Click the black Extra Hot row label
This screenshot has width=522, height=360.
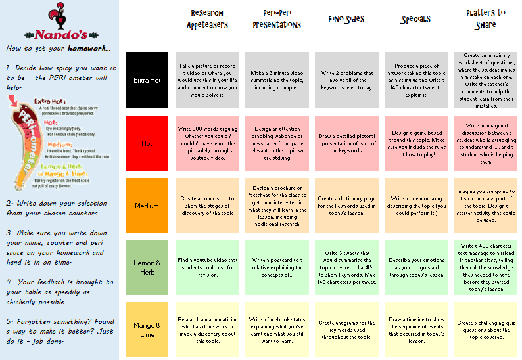(146, 80)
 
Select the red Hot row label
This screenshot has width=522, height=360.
(146, 143)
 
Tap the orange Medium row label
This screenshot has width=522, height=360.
(146, 206)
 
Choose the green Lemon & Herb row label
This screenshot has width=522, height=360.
(146, 268)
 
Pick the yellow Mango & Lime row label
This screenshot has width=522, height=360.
(146, 329)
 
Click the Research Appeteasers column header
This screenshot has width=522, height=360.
(207, 19)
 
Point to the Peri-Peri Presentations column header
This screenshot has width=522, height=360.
(277, 19)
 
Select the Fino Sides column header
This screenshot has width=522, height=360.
(346, 20)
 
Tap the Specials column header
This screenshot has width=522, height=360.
(415, 20)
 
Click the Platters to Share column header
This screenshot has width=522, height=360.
(485, 19)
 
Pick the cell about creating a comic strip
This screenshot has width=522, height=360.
(207, 206)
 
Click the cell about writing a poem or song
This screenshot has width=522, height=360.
(415, 206)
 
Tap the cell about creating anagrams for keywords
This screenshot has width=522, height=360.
(346, 329)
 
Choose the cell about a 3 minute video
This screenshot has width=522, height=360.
(277, 80)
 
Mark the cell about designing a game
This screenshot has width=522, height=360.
(415, 143)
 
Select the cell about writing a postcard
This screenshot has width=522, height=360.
(277, 268)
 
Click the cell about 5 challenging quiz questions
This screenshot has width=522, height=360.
(485, 329)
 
